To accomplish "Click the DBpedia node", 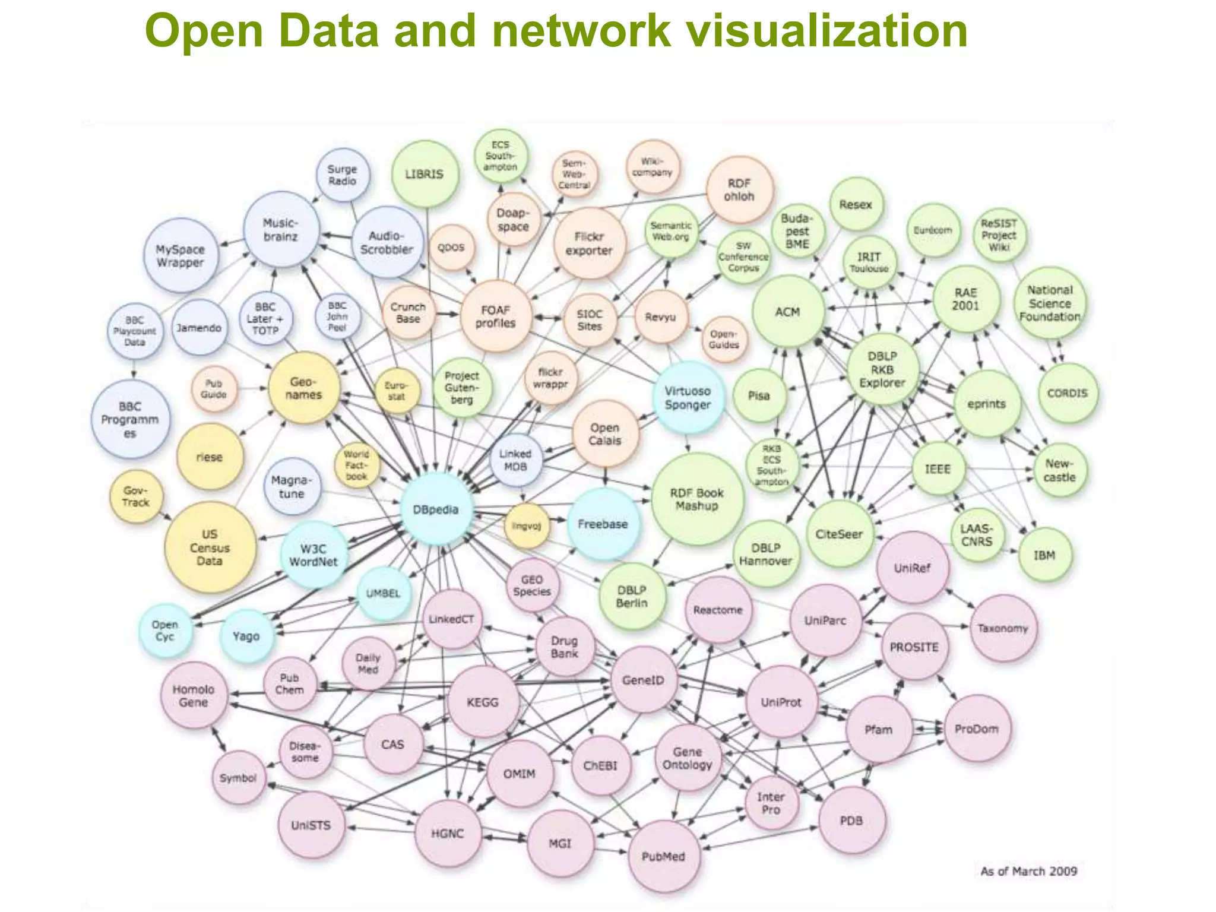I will click(x=436, y=509).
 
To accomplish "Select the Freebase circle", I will click(x=603, y=524).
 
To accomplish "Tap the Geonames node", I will click(x=303, y=388).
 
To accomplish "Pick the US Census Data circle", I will click(x=210, y=547).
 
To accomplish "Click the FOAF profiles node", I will click(x=496, y=316).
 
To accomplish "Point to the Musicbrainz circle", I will click(x=281, y=230).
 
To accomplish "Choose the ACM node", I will click(x=788, y=312).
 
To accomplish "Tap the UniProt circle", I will click(x=781, y=702).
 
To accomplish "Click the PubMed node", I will click(x=663, y=856).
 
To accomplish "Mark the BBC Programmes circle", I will click(x=130, y=420).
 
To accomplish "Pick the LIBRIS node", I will click(x=425, y=174).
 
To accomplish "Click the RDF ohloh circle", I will click(x=739, y=190).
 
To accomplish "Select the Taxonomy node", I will click(x=1002, y=628).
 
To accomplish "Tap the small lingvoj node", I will click(x=526, y=525).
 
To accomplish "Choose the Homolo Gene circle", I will click(x=194, y=696).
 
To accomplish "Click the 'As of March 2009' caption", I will click(x=1028, y=871).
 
